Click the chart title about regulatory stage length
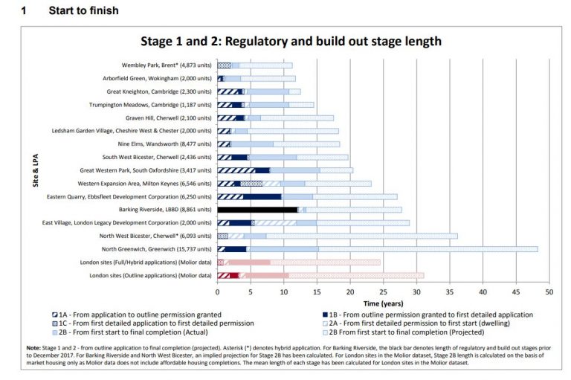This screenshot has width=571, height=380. coord(291,41)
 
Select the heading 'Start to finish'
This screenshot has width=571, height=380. coord(83,10)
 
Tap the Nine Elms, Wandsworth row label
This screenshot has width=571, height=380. coord(165,144)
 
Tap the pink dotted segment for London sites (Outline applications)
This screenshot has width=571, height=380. coord(356,275)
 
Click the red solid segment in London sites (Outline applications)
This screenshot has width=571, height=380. coord(234,275)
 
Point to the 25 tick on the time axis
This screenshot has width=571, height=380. coord(383,292)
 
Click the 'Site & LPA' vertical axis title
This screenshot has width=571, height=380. coord(36,170)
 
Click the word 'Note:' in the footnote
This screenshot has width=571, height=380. coord(34,349)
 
